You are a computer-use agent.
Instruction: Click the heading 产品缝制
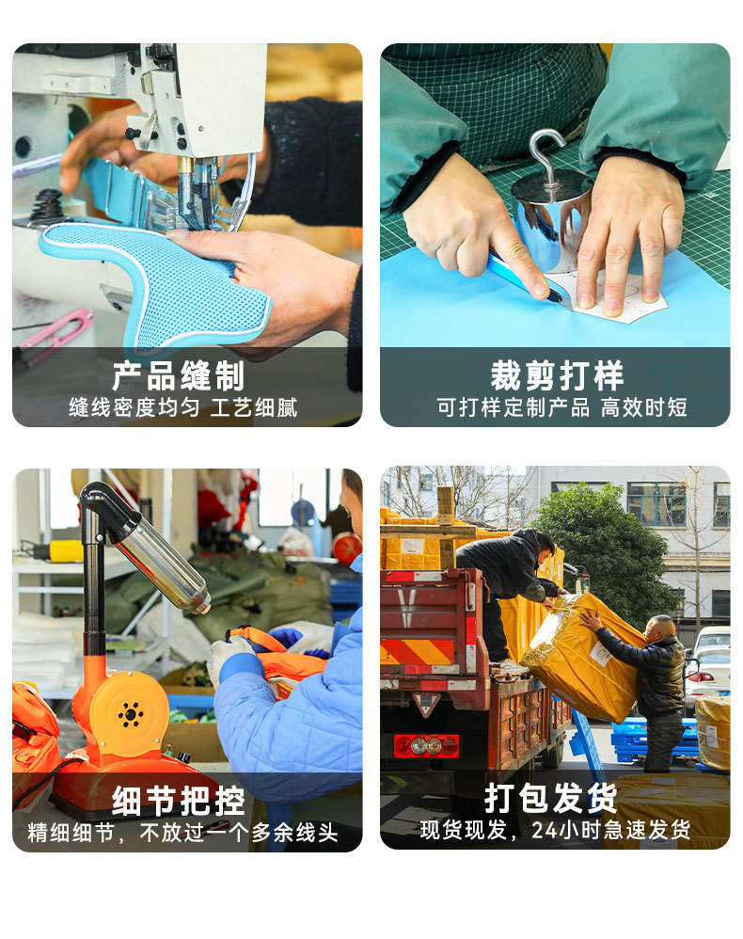point(178,375)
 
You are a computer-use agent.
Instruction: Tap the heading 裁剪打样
point(558,375)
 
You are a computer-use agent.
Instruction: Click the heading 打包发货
point(551,798)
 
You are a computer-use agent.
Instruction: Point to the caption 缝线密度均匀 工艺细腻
point(183,407)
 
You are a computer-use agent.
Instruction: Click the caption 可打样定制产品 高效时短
point(561,407)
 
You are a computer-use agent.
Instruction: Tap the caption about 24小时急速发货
point(555,830)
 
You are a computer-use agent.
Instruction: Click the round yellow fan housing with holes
point(130,713)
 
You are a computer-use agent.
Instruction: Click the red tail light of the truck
point(426,745)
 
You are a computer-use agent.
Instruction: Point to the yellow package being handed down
point(583,656)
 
